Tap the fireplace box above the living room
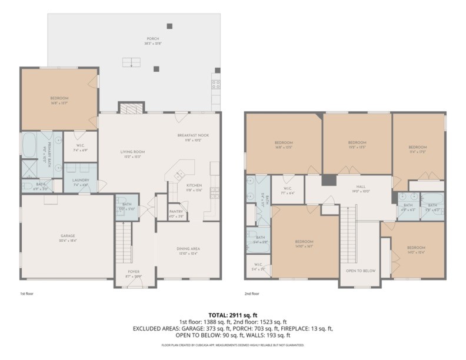tap(131, 107)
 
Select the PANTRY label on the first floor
tap(176, 212)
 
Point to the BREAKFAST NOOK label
tap(193, 135)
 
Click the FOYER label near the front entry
tap(134, 272)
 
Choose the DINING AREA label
tap(188, 248)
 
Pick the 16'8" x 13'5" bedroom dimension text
tap(284, 147)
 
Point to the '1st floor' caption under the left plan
tap(26, 292)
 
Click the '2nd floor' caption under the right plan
tap(252, 292)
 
